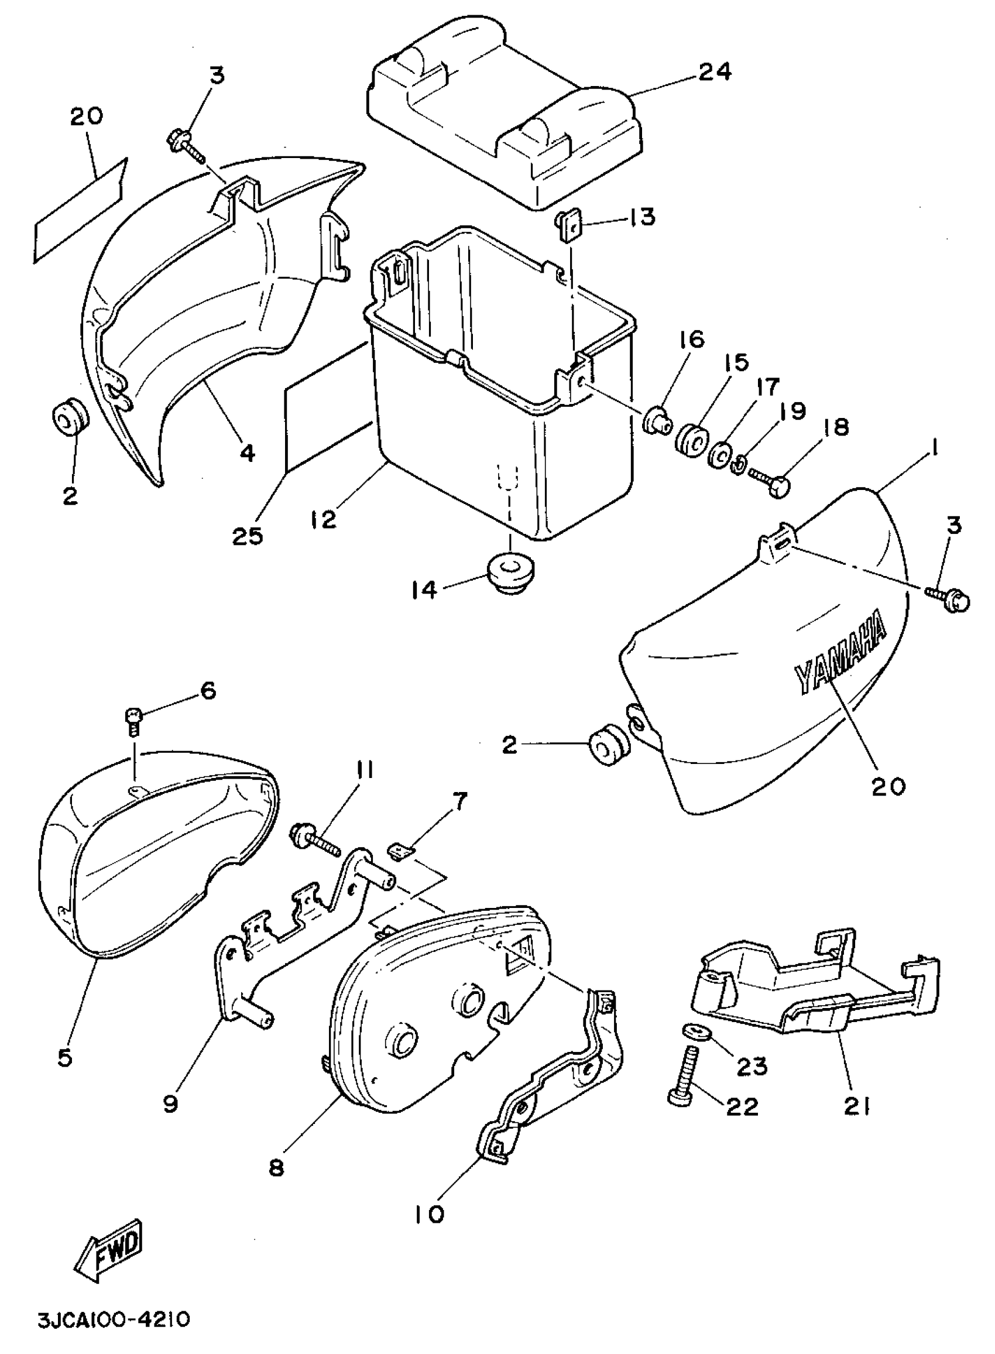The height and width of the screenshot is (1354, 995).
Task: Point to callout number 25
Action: click(248, 536)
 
